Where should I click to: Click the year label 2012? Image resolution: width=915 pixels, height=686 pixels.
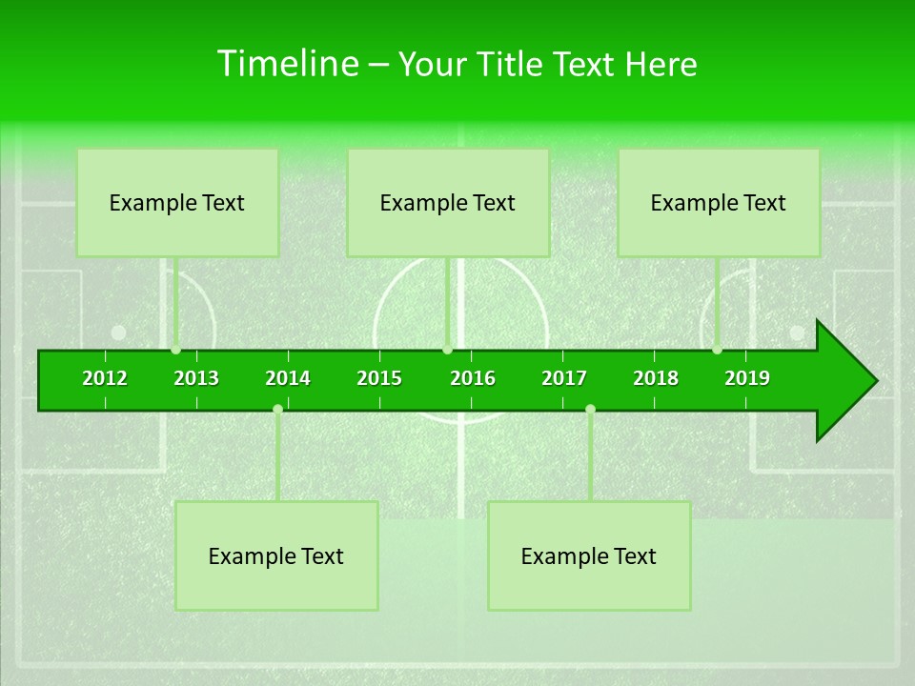pos(105,378)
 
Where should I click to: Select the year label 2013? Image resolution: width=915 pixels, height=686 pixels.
pos(196,378)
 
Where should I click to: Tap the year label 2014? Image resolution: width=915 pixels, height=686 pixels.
pos(288,378)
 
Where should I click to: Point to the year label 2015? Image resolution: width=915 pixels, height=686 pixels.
pos(379,378)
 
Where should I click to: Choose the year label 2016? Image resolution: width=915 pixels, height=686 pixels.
pos(473,378)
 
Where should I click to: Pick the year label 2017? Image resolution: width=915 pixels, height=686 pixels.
pos(564,378)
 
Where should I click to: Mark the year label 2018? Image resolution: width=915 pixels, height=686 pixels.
pos(656,378)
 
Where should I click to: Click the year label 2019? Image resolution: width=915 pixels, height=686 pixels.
pos(747,378)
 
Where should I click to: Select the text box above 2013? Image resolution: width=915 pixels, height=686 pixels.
pos(177,203)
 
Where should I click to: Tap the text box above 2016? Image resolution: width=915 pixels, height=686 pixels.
pos(448,203)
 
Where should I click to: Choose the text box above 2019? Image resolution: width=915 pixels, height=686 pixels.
pos(719,203)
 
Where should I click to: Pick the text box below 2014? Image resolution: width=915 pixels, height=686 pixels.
pos(276,556)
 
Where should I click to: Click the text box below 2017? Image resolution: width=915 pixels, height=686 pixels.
pos(589,556)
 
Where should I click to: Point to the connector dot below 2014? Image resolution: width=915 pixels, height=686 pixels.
pos(277,410)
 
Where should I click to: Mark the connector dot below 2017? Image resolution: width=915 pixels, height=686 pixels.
pos(590,410)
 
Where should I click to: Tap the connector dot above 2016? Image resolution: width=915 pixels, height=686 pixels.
pos(447,349)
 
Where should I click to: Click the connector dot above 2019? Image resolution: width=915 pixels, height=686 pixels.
pos(717,349)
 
